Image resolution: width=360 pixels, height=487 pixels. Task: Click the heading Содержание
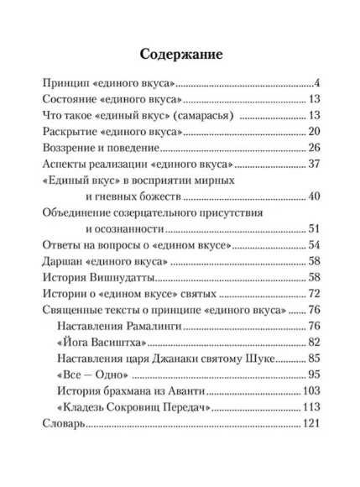[x=180, y=55]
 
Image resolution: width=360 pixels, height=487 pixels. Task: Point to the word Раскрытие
[x=70, y=132]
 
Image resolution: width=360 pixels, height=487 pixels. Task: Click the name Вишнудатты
[x=124, y=278]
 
